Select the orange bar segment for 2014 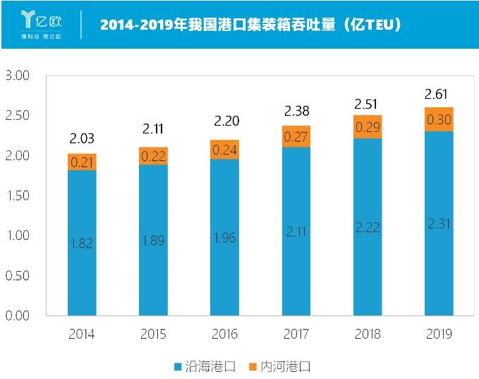click(x=83, y=162)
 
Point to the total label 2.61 click(x=437, y=95)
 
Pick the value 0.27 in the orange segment click(x=296, y=137)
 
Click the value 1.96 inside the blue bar click(x=224, y=238)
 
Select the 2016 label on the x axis click(x=224, y=334)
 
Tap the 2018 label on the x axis click(x=367, y=334)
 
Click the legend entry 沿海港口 click(x=205, y=366)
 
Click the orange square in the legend click(x=253, y=366)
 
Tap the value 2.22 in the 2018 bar click(x=367, y=228)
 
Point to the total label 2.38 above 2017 click(x=296, y=111)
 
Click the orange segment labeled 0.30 click(x=438, y=119)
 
